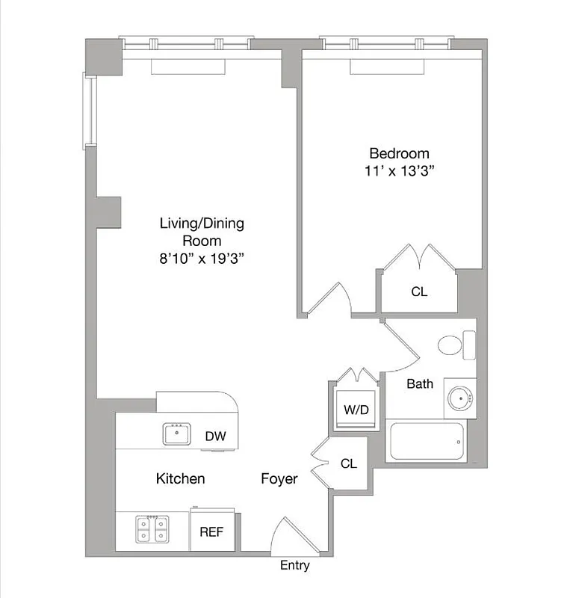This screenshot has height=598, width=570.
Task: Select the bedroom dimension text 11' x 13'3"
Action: click(x=396, y=171)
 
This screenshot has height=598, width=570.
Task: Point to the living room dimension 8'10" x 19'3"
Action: click(x=202, y=259)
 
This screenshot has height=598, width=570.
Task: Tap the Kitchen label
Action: click(x=180, y=478)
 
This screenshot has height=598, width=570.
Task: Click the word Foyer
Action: click(x=279, y=478)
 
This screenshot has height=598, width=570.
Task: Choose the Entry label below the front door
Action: click(x=294, y=565)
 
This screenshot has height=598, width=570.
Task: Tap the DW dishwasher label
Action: click(x=216, y=437)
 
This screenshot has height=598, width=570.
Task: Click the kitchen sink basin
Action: click(x=178, y=434)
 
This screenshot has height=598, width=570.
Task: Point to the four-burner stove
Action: click(x=152, y=531)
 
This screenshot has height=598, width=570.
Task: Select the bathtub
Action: click(x=426, y=442)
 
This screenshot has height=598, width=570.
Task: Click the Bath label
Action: click(x=420, y=384)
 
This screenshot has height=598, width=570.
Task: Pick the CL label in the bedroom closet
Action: click(x=419, y=292)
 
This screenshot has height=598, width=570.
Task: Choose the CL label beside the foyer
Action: click(x=348, y=463)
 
